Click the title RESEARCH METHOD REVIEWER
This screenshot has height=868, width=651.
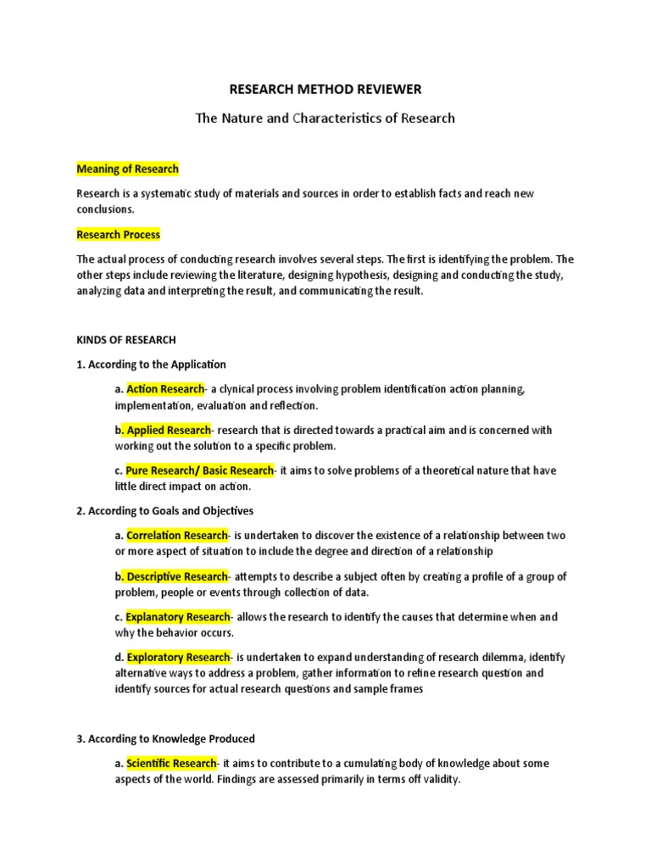coord(325,88)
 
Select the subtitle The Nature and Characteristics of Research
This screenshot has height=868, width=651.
coord(325,119)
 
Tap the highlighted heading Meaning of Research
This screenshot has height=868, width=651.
coord(127,169)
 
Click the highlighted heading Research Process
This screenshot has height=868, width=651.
coord(118,235)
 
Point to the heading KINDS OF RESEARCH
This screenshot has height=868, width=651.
coord(126,340)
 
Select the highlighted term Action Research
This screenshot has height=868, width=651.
coord(165,389)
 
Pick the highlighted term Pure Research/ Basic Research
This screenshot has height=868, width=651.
coord(199,470)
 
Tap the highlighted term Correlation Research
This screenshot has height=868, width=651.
coord(177,536)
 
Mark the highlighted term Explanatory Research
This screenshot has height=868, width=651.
coord(178,617)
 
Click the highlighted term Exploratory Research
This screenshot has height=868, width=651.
coord(178,657)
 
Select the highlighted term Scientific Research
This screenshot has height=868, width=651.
coord(171,764)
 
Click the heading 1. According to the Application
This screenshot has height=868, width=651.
coord(151,364)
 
